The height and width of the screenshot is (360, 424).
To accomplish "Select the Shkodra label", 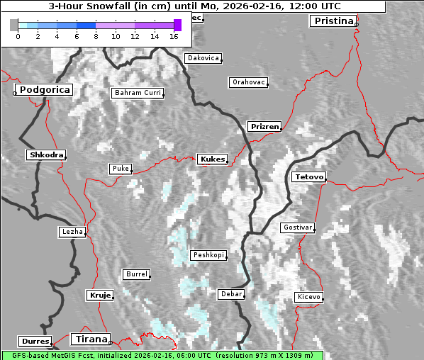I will tap(46, 154).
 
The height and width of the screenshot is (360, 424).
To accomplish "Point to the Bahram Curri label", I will tap(138, 93).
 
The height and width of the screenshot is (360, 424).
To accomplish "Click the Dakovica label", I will tap(202, 58).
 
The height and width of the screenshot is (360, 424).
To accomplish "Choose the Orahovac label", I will tap(248, 82).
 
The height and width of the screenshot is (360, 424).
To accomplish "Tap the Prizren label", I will tap(264, 127).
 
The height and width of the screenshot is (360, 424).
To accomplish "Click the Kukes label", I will tap(212, 159).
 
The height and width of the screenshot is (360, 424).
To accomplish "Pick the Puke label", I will tap(120, 169).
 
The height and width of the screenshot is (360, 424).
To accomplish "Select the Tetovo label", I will tap(308, 176).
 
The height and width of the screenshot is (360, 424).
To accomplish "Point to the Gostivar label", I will tap(296, 227).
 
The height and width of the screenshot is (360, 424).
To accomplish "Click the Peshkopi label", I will tap(208, 255).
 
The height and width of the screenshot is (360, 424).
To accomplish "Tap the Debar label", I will tap(231, 293).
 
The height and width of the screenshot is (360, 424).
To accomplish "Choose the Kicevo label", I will tap(308, 297).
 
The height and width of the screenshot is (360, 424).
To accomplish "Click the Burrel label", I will tap(136, 274).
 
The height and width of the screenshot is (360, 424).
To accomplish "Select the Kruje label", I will tap(100, 295).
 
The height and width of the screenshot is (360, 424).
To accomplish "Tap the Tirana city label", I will tap(91, 339).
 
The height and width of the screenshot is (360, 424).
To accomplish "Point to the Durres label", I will tap(35, 342).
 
